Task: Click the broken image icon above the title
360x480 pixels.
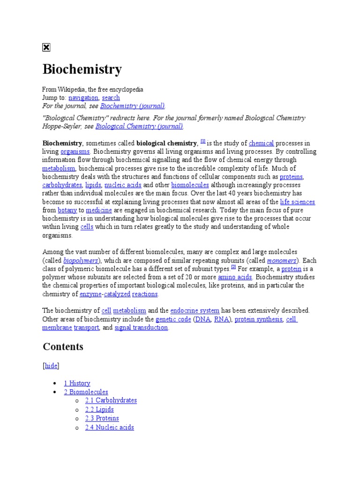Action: pyautogui.click(x=46, y=47)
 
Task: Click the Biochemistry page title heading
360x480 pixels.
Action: pyautogui.click(x=82, y=69)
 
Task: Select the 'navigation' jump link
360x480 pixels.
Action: pyautogui.click(x=83, y=97)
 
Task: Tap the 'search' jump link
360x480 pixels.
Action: pyautogui.click(x=111, y=97)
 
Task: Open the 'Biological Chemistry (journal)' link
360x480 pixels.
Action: pyautogui.click(x=139, y=126)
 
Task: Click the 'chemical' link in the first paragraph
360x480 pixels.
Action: pyautogui.click(x=261, y=143)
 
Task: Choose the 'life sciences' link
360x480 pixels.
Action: pyautogui.click(x=297, y=202)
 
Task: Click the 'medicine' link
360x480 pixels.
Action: pyautogui.click(x=99, y=210)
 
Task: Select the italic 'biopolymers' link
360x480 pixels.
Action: pyautogui.click(x=81, y=260)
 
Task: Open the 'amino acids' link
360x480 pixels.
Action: pyautogui.click(x=235, y=277)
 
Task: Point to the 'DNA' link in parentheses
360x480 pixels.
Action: pyautogui.click(x=203, y=319)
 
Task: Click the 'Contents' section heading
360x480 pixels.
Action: pyautogui.click(x=63, y=347)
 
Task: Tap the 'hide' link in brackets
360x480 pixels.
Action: pyautogui.click(x=51, y=366)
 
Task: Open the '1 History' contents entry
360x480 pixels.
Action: pyautogui.click(x=77, y=383)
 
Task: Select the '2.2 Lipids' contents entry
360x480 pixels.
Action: pyautogui.click(x=99, y=409)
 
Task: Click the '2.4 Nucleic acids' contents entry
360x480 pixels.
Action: pyautogui.click(x=109, y=427)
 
